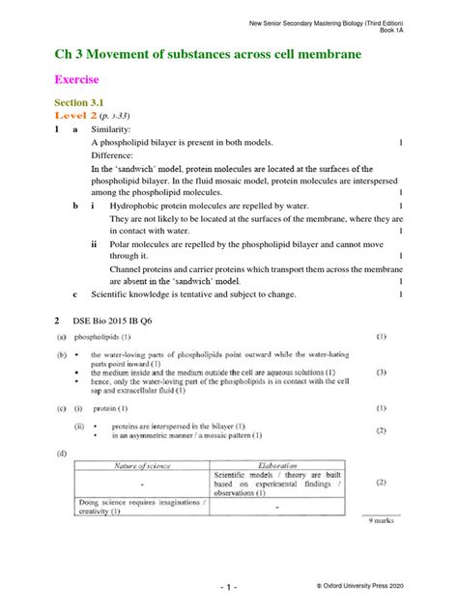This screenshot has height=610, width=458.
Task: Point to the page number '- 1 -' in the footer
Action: click(x=228, y=587)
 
